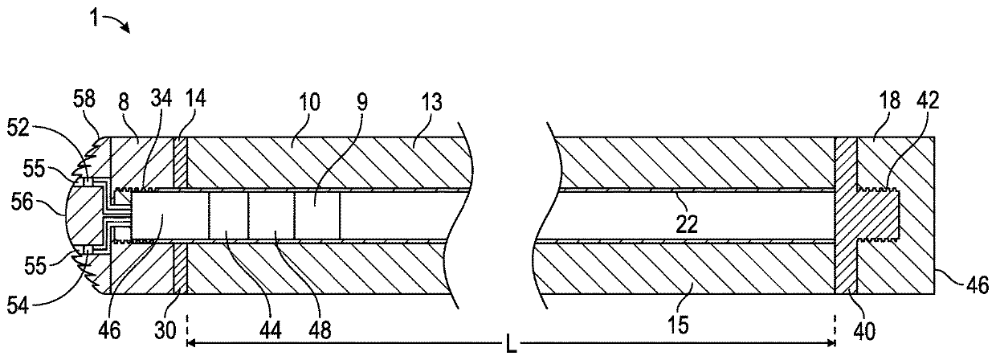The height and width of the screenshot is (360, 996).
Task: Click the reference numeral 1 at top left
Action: click(93, 18)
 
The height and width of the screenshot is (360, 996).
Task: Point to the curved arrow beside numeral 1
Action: click(118, 22)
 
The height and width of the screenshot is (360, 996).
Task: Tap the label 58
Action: click(84, 98)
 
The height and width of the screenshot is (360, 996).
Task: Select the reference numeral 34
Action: click(161, 98)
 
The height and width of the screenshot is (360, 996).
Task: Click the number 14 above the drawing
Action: click(195, 98)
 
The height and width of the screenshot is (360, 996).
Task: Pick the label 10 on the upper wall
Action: click(309, 102)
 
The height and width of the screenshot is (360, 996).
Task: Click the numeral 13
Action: click(432, 102)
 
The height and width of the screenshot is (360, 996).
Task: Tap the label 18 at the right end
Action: click(889, 100)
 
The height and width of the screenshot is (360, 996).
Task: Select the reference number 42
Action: click(928, 100)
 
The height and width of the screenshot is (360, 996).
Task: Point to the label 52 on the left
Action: click(18, 129)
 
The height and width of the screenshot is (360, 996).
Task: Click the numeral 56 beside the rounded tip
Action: click(22, 202)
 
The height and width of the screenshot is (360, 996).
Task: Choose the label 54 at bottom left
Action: click(18, 305)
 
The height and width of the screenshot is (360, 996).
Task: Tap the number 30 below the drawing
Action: click(165, 330)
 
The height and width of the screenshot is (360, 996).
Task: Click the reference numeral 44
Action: click(271, 330)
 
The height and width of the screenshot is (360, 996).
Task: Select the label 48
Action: click(320, 330)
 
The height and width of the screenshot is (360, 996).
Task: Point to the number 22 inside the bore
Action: click(687, 225)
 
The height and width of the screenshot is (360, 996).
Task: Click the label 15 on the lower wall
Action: click(679, 325)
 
